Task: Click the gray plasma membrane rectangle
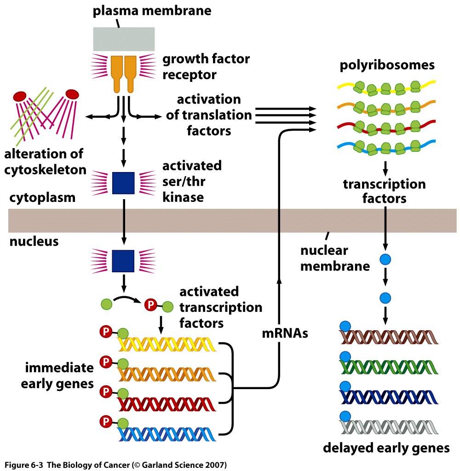124,39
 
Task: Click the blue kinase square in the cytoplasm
123,183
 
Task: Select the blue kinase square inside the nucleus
123,261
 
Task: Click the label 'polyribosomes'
387,65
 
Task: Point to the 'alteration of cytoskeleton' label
45,162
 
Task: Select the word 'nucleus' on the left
34,241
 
